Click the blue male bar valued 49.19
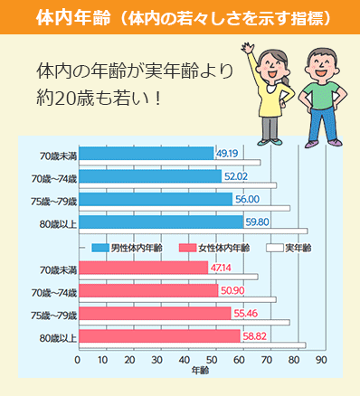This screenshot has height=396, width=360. coord(145,153)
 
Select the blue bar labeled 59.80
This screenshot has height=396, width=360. coord(159,220)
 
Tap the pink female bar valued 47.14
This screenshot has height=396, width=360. coord(142,268)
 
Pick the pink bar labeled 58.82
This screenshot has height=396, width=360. coord(158,335)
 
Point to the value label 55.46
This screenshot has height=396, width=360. coord(245,314)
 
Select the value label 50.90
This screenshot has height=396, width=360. coord(232,290)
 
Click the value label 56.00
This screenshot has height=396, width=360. coord(246,198)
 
